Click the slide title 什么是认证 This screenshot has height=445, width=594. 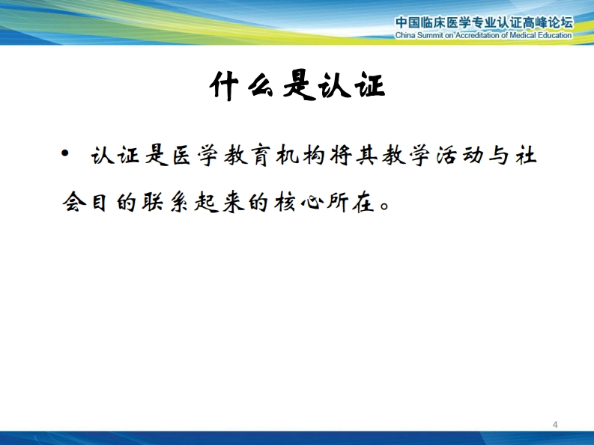(297, 86)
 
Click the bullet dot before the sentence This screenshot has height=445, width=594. (65, 153)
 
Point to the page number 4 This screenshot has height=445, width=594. (555, 425)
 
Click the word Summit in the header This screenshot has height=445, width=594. (430, 36)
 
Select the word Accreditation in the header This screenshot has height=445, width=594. (477, 36)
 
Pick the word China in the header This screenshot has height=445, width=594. (405, 36)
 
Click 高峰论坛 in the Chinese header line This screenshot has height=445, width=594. (548, 22)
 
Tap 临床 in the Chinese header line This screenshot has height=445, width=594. (434, 22)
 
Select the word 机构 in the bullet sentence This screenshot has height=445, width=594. (300, 156)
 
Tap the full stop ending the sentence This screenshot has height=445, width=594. (385, 207)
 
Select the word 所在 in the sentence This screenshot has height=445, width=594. (351, 203)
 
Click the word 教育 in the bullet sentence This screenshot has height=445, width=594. (247, 156)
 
